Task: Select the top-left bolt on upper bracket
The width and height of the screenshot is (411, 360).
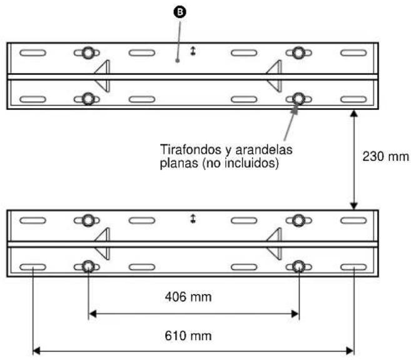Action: tap(88, 53)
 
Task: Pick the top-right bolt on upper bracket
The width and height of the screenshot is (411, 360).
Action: tap(299, 53)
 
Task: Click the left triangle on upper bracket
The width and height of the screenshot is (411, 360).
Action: tap(103, 76)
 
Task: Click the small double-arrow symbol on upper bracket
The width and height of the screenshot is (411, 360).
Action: tap(193, 52)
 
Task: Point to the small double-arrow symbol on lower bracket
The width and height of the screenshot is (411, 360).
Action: tap(193, 220)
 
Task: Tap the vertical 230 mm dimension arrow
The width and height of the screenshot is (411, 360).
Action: tap(354, 159)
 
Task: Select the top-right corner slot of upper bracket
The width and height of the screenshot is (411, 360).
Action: tap(353, 53)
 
